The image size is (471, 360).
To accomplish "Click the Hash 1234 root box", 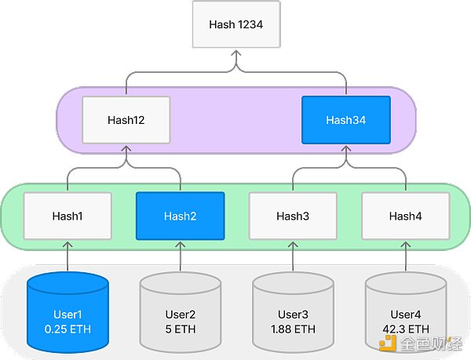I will click(x=235, y=24).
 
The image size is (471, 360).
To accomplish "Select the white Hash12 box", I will click(x=126, y=120).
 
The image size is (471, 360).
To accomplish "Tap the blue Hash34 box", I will click(x=346, y=120).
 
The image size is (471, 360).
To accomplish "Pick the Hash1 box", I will click(x=68, y=216).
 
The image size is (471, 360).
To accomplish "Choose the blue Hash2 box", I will click(x=181, y=216).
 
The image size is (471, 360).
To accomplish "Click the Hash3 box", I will click(x=293, y=216).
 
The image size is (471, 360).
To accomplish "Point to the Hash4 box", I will click(x=405, y=216).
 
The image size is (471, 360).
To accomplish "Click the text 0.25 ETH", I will click(x=68, y=329).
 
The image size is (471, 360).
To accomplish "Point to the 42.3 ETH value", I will click(x=405, y=329).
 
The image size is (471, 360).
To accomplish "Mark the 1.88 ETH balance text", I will click(x=293, y=329).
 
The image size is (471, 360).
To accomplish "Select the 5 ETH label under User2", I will click(x=181, y=329).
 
